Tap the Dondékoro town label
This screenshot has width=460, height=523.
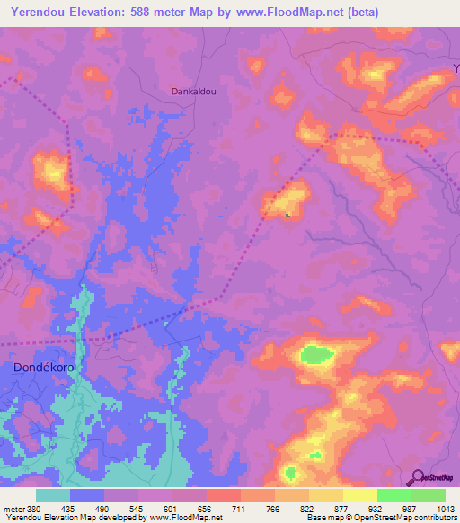click(39, 368)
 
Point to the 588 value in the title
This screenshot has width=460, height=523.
click(156, 13)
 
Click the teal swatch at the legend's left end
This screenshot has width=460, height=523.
click(53, 495)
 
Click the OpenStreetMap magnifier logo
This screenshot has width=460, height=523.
click(416, 478)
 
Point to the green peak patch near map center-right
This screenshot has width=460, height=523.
click(314, 355)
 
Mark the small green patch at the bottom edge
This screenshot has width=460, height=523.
click(289, 473)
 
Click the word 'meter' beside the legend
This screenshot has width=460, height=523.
click(13, 509)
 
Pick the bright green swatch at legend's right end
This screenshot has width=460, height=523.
click(429, 495)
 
